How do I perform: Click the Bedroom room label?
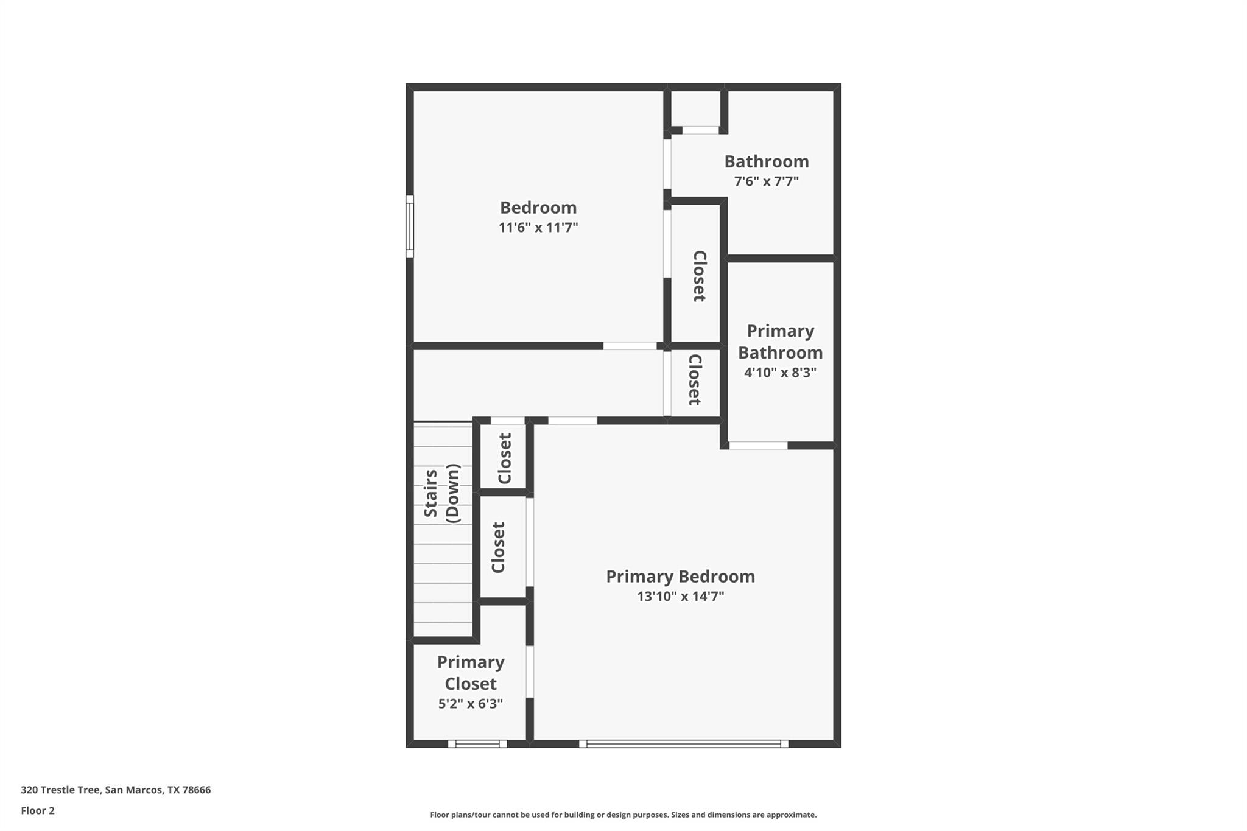[x=538, y=208]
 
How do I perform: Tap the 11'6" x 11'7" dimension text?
[x=538, y=228]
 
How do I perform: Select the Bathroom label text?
[x=766, y=161]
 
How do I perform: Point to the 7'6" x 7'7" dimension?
[x=766, y=181]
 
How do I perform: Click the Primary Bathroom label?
[x=780, y=342]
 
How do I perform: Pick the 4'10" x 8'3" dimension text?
[x=780, y=373]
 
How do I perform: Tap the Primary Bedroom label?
[x=680, y=577]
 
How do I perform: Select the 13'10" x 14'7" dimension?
[x=680, y=597]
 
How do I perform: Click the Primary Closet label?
[x=471, y=673]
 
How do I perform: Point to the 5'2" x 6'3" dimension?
[x=471, y=704]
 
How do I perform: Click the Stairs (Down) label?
[x=441, y=493]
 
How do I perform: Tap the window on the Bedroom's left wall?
[x=410, y=226]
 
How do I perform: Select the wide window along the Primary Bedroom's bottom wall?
[x=683, y=743]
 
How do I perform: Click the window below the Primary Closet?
[x=477, y=743]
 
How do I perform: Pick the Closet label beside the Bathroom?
[x=699, y=276]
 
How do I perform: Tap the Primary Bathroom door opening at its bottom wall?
[x=758, y=446]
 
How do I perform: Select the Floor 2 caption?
[x=38, y=811]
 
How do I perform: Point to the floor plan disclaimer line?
[x=623, y=815]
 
